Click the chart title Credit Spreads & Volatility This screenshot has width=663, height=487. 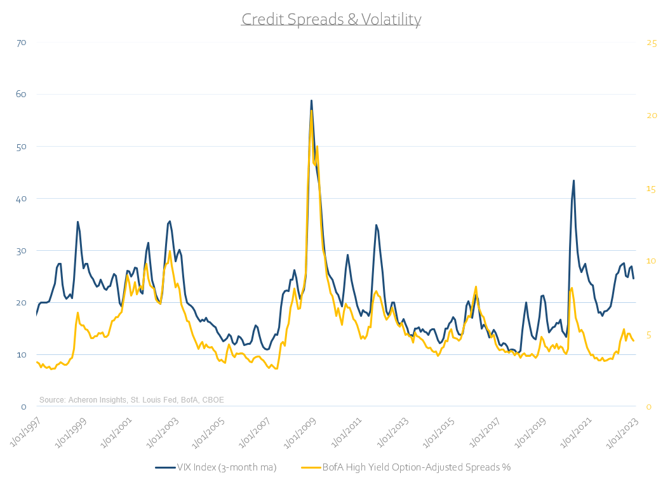click(x=331, y=20)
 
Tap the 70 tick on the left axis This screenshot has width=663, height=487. click(x=21, y=43)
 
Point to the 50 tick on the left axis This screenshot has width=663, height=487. click(x=21, y=147)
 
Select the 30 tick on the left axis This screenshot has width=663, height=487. click(x=21, y=251)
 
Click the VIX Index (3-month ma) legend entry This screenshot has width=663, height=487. click(x=215, y=467)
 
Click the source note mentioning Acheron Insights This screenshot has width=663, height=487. click(x=131, y=399)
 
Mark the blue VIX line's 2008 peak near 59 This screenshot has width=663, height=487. click(x=311, y=100)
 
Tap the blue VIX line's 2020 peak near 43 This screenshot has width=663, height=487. click(x=573, y=181)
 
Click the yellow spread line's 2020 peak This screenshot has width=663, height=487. click(x=572, y=288)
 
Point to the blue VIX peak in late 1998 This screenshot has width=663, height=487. click(x=77, y=222)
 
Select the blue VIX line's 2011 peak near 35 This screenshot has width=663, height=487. click(x=376, y=225)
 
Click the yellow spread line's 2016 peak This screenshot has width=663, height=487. click(x=475, y=287)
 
